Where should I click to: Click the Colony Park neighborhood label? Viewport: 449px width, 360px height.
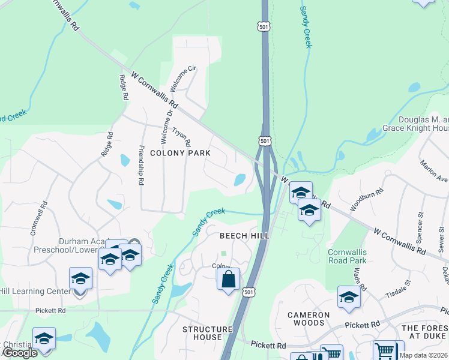tap(180, 153)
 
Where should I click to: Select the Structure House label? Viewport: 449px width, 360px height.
tap(207, 333)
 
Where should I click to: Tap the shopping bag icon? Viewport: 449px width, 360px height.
tap(229, 279)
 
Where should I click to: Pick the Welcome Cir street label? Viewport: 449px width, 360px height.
tap(183, 78)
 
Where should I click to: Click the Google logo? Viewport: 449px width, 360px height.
tap(20, 353)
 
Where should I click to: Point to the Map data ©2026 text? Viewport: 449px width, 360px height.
tap(424, 355)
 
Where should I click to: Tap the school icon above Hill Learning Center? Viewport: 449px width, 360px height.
tap(80, 278)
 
